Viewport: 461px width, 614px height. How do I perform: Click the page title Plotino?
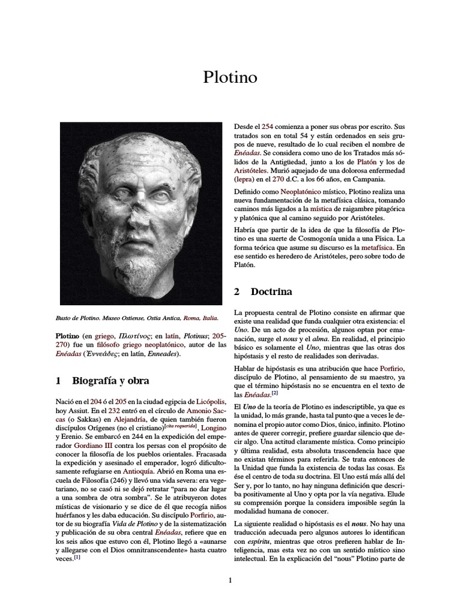[230, 78]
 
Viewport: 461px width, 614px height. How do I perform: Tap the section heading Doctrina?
[272, 292]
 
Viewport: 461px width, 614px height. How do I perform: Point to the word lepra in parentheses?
[245, 179]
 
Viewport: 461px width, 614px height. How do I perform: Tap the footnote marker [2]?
[274, 393]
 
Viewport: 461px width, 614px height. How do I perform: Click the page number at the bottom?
[230, 580]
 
